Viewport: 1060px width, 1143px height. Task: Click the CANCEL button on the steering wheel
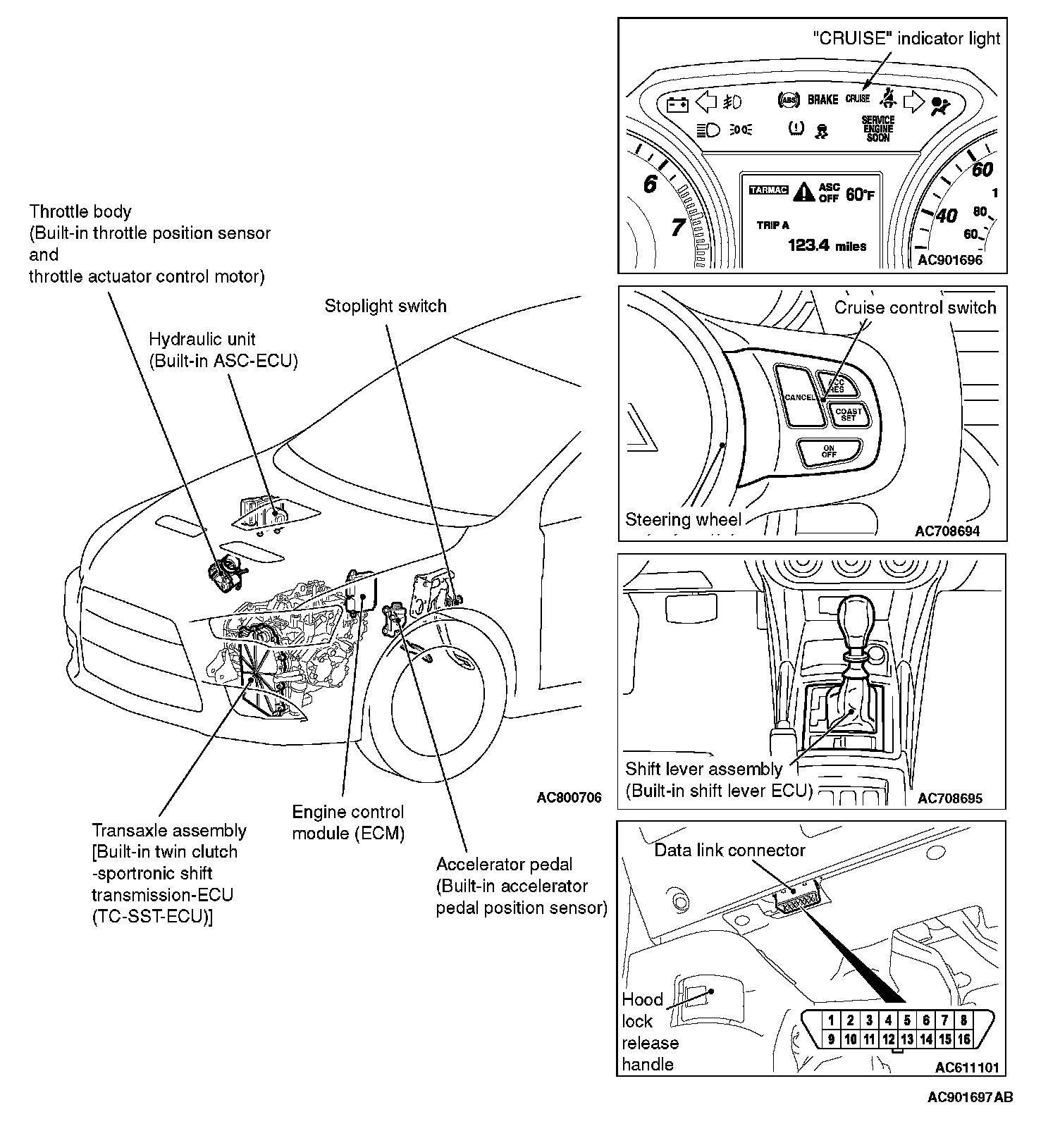(800, 397)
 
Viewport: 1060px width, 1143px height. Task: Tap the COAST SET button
(848, 414)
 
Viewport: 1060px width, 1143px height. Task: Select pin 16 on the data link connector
(963, 1039)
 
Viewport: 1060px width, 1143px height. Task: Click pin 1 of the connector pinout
(832, 1020)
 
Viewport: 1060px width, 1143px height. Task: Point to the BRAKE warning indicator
(822, 100)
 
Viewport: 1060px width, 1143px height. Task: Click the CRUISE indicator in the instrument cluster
(858, 99)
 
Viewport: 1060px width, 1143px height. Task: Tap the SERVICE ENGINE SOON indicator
(877, 129)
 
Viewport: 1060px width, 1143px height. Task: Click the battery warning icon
(677, 104)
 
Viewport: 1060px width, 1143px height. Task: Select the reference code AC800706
(569, 798)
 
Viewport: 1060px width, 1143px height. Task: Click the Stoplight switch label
(386, 307)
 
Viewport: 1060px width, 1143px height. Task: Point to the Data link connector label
(729, 851)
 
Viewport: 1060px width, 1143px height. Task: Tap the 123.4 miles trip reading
(827, 245)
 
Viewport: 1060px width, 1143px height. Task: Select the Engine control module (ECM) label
(348, 822)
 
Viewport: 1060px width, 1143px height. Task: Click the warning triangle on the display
(804, 191)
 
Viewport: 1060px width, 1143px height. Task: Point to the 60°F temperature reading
(859, 194)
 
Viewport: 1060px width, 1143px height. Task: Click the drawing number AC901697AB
(970, 1097)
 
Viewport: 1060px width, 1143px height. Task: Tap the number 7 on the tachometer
(677, 228)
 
